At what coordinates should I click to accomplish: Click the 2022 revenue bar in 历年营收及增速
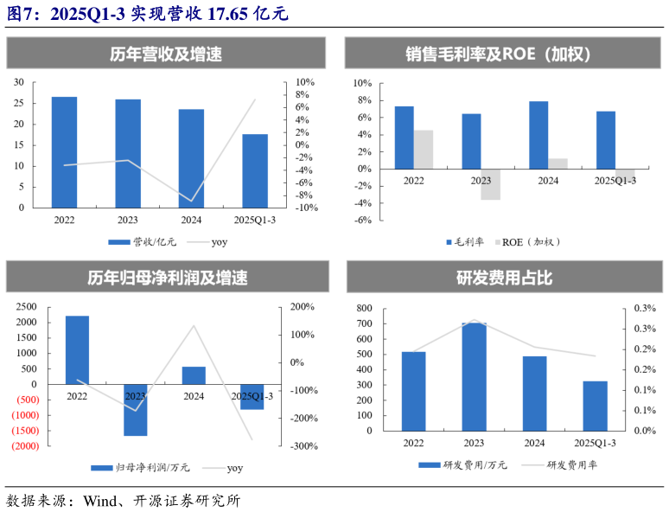click(x=64, y=152)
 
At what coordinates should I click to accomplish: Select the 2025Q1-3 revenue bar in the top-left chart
click(x=255, y=170)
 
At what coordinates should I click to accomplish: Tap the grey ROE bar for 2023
click(x=490, y=184)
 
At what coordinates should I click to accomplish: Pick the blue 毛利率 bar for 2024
click(x=538, y=135)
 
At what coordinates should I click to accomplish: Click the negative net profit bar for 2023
click(x=136, y=410)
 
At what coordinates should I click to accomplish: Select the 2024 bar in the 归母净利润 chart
click(x=194, y=375)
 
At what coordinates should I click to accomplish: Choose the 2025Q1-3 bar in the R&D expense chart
click(x=595, y=406)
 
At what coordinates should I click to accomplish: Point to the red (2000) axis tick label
click(x=23, y=446)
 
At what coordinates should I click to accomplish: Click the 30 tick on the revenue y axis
click(x=18, y=82)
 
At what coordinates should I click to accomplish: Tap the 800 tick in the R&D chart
click(x=363, y=308)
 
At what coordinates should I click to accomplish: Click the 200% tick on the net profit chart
click(x=303, y=307)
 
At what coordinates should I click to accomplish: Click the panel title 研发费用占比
click(x=504, y=278)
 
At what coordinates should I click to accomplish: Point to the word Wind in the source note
click(x=100, y=500)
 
